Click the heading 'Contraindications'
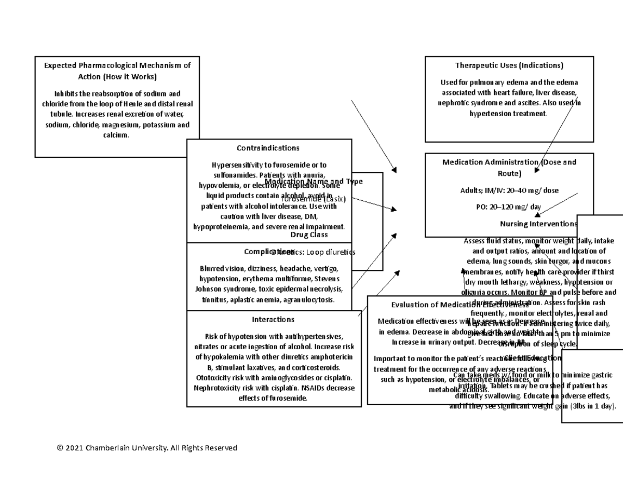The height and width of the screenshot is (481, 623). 268,148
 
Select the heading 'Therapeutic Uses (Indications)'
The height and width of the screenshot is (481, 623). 509,65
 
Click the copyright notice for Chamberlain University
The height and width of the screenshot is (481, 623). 147,447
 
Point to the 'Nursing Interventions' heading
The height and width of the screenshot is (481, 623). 538,224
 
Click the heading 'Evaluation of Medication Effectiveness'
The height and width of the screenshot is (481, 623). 456,305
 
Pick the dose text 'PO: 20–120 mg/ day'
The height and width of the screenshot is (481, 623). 508,207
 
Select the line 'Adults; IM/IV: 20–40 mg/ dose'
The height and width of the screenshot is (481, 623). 509,190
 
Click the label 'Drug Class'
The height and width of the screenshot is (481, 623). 309,235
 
